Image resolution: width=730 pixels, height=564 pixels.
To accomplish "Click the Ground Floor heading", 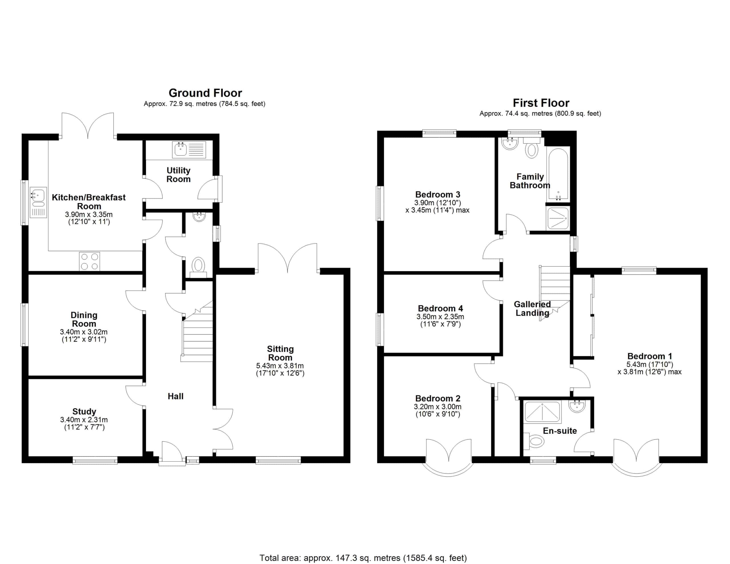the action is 205,93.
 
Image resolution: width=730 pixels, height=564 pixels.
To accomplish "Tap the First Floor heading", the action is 541,103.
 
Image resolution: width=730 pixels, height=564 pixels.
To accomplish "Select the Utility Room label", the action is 179,175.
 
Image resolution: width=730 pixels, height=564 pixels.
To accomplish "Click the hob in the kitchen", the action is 90,261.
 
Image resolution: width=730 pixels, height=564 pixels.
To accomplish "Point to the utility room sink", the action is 189,149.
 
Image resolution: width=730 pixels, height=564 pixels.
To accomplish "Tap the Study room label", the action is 84,411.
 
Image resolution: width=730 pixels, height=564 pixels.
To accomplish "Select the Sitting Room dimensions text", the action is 280,370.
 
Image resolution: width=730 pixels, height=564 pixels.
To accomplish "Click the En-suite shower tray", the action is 542,412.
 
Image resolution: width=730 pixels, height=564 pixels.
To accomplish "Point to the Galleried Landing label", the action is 532,309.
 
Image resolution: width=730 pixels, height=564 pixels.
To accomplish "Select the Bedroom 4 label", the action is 440,308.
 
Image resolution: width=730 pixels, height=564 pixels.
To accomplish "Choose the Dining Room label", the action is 84,319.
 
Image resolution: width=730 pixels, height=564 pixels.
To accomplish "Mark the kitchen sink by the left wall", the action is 38,203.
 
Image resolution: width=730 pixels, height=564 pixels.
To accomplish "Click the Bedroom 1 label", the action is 650,356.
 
